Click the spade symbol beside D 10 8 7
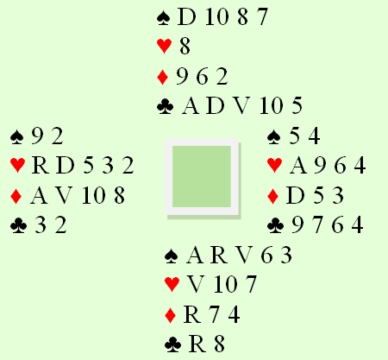(164, 18)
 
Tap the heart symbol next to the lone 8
(165, 46)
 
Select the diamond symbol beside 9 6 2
(163, 77)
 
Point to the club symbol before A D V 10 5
(166, 106)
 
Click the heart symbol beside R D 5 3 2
(17, 166)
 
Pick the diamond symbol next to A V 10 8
(16, 196)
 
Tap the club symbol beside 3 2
(18, 225)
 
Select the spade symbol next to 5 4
(274, 136)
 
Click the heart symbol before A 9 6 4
(275, 166)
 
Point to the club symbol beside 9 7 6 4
(276, 225)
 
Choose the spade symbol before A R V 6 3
(172, 256)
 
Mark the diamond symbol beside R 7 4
(171, 315)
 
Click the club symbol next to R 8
(173, 344)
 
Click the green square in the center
(202, 176)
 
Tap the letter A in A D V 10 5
(191, 106)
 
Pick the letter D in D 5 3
(295, 195)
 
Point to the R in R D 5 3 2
(41, 166)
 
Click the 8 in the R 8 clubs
(219, 344)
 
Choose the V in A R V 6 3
(245, 256)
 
